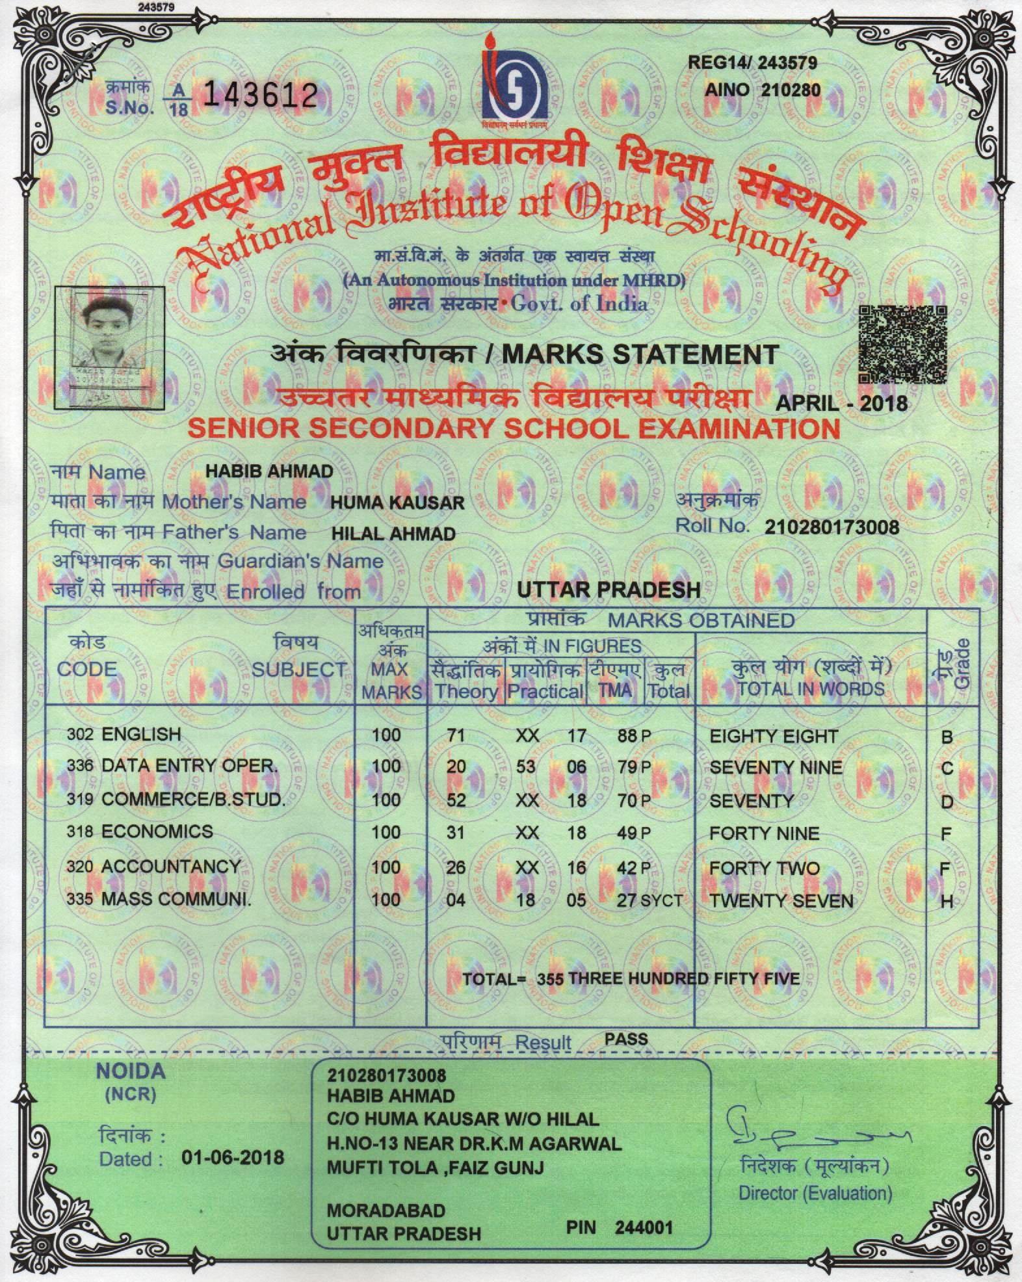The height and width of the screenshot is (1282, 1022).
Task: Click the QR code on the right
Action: click(x=902, y=345)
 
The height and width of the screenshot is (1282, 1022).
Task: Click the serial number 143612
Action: click(x=261, y=97)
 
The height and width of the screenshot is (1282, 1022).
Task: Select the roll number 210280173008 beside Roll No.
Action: click(x=832, y=527)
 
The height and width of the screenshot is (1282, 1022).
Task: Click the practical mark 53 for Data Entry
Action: click(x=525, y=766)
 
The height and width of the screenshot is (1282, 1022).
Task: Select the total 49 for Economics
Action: click(x=627, y=833)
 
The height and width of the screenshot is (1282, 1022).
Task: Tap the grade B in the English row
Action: click(x=947, y=737)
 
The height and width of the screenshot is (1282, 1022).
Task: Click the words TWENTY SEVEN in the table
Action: click(x=781, y=900)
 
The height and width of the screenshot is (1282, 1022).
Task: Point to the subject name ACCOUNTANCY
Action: click(x=170, y=866)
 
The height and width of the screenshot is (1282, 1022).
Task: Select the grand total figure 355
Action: click(x=550, y=979)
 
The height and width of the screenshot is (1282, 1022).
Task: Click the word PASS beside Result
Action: click(x=626, y=1038)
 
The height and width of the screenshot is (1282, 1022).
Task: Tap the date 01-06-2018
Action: click(x=233, y=1158)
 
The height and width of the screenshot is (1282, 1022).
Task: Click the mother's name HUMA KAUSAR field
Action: click(x=397, y=503)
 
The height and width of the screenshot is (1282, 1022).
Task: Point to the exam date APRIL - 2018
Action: click(x=842, y=402)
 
